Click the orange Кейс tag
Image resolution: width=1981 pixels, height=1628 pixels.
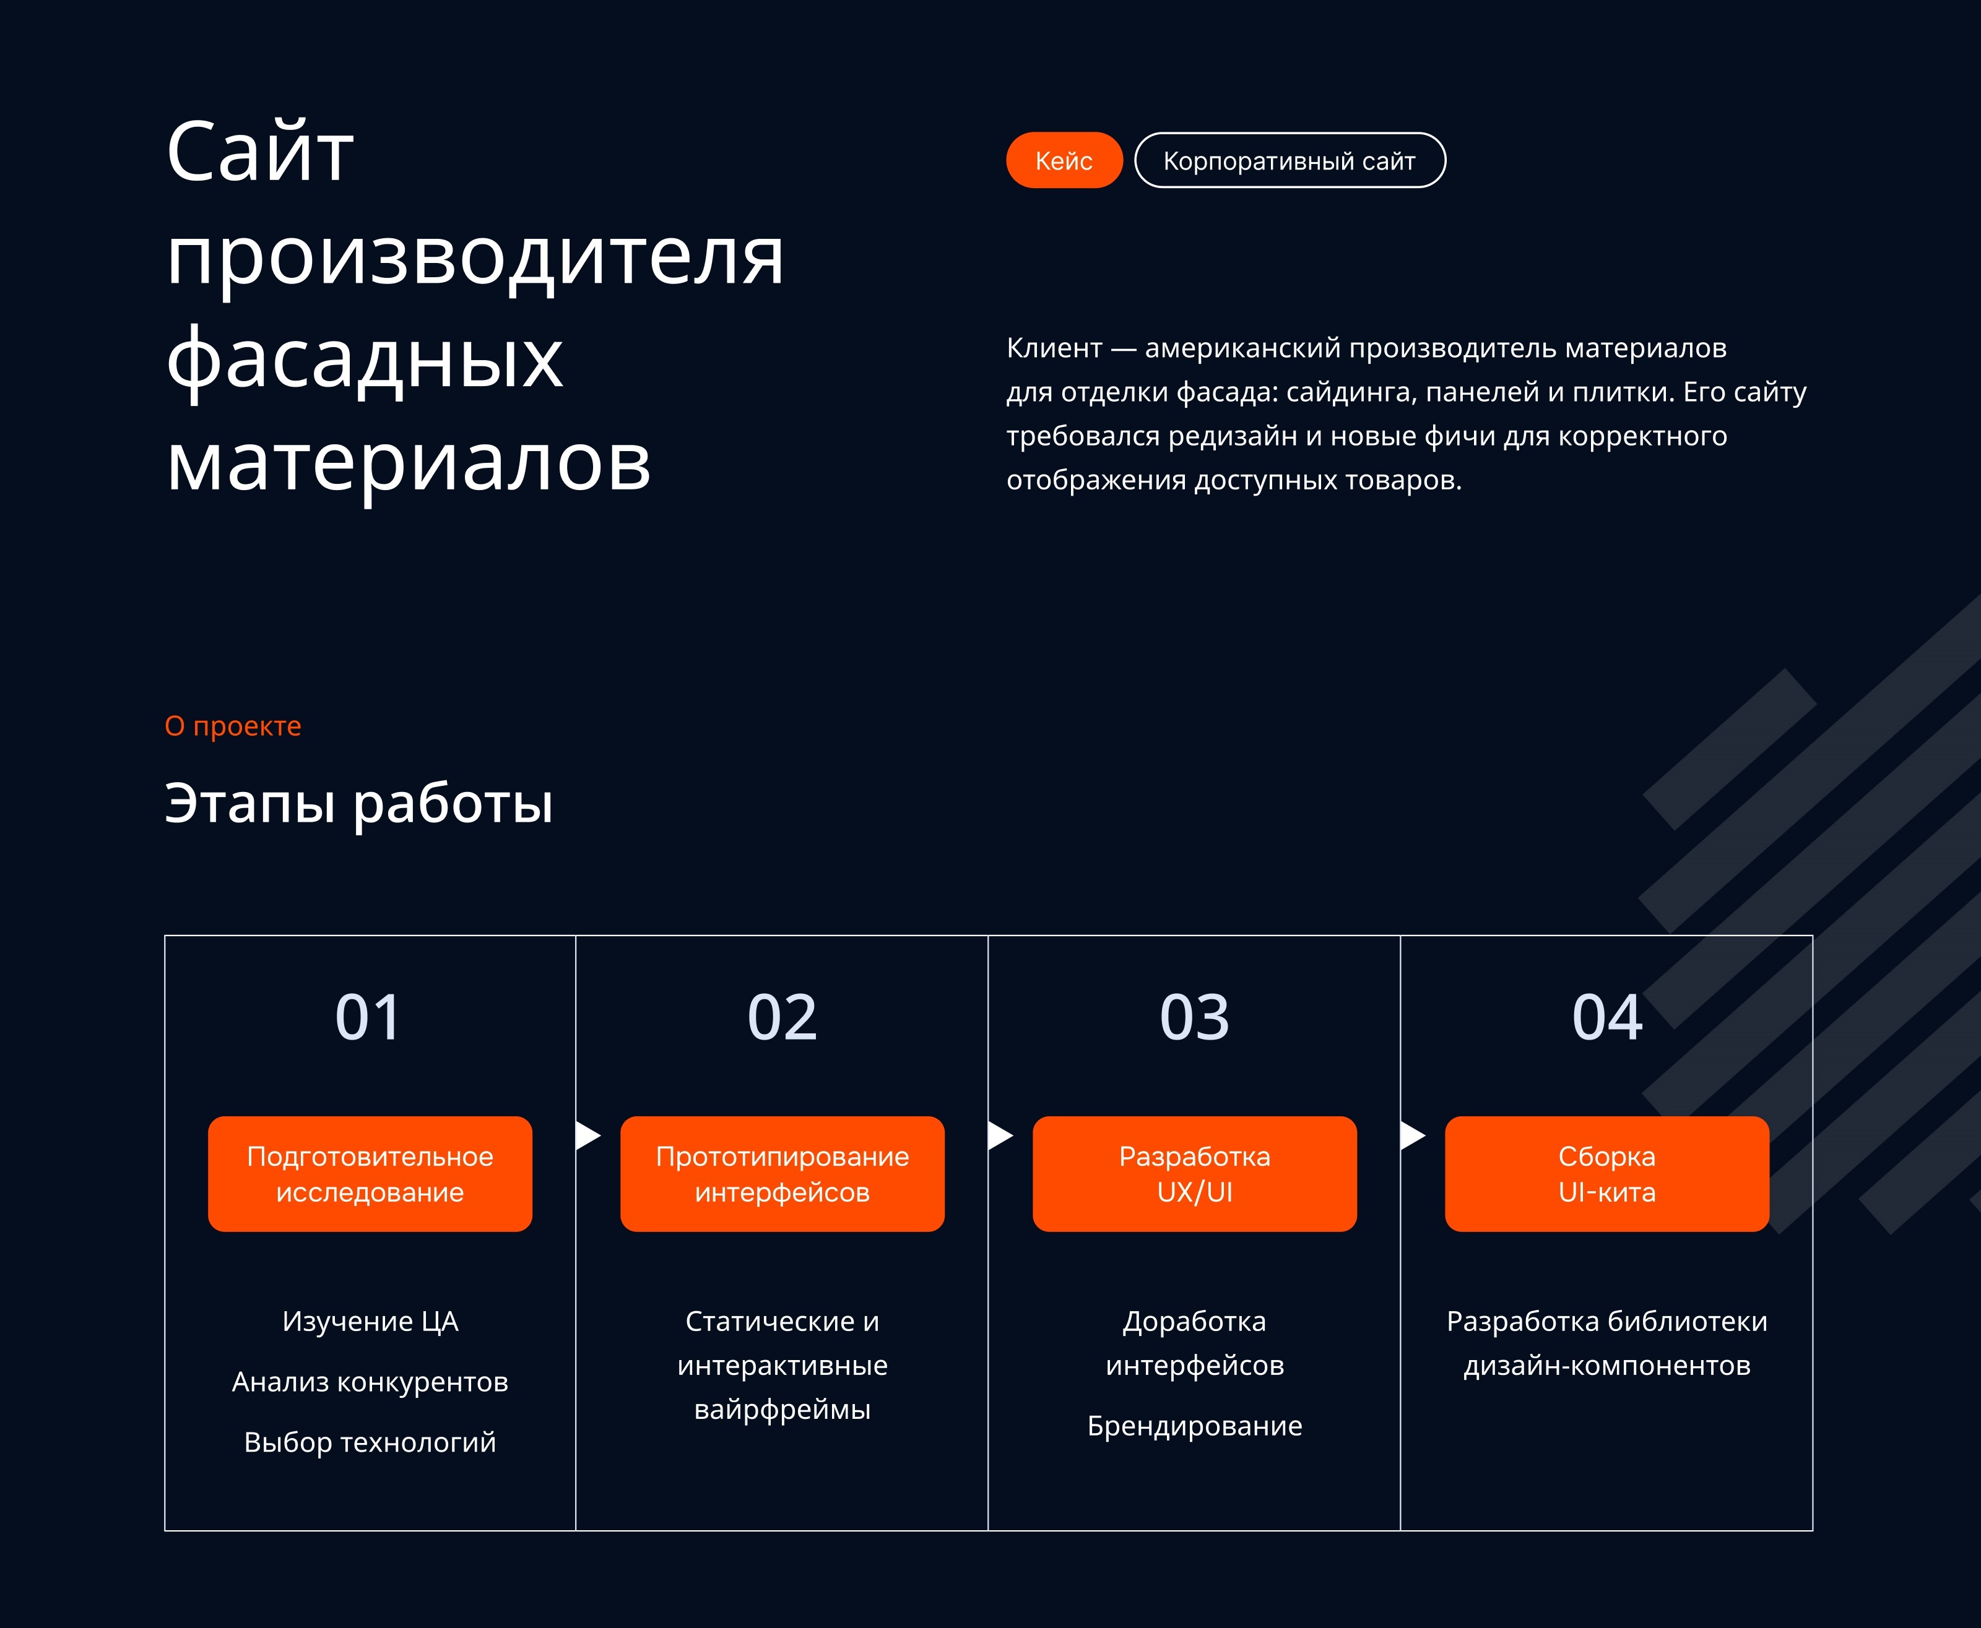pyautogui.click(x=1064, y=160)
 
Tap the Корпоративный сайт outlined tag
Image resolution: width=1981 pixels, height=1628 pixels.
pyautogui.click(x=1289, y=160)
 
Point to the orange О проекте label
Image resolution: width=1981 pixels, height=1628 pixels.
pyautogui.click(x=233, y=726)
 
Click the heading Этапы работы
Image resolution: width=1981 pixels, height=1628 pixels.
pyautogui.click(x=358, y=804)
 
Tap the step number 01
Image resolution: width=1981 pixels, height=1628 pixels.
pyautogui.click(x=368, y=1017)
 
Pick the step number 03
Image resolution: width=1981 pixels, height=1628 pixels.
pyautogui.click(x=1194, y=1017)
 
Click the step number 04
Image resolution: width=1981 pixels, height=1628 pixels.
pyautogui.click(x=1606, y=1017)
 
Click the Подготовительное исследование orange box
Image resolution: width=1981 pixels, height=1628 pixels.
pyautogui.click(x=370, y=1173)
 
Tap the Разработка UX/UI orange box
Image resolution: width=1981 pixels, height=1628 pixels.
pyautogui.click(x=1194, y=1173)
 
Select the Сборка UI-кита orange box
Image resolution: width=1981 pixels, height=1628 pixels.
pyautogui.click(x=1606, y=1173)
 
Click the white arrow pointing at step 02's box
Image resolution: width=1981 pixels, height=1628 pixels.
pyautogui.click(x=587, y=1135)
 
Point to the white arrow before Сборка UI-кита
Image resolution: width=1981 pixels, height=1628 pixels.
pyautogui.click(x=1411, y=1135)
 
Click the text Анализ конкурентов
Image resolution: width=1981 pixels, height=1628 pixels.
pyautogui.click(x=370, y=1381)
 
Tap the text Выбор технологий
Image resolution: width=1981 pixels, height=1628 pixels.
pyautogui.click(x=370, y=1441)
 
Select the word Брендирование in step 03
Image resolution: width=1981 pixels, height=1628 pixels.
pyautogui.click(x=1194, y=1426)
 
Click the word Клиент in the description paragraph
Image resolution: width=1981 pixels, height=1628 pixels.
pyautogui.click(x=1054, y=348)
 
